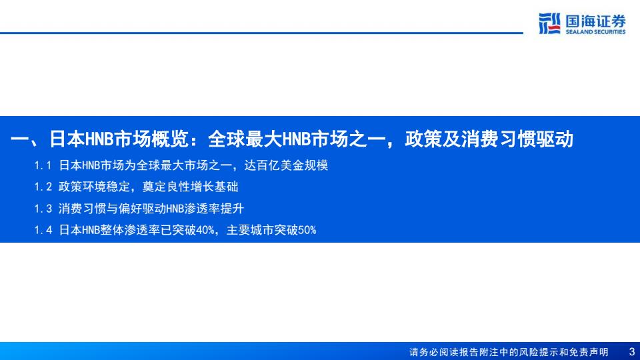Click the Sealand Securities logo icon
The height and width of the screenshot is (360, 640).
coord(549,23)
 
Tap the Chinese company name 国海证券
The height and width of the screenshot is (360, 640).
coord(595,21)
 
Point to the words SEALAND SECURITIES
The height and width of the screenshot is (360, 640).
coord(595,32)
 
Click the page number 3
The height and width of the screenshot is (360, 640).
coord(632,352)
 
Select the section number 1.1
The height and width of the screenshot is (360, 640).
coord(43,165)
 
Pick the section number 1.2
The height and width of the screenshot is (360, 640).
coord(43,187)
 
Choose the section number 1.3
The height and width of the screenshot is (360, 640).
coord(43,209)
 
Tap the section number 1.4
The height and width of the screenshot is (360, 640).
coord(43,230)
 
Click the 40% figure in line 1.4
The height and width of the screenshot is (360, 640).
coord(205,230)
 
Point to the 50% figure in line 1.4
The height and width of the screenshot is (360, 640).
coord(307,230)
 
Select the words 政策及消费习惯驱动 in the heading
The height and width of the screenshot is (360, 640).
coord(489,139)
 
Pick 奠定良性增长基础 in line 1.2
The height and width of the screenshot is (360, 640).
coord(190,187)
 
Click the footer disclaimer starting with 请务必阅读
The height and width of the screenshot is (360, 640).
coord(509,352)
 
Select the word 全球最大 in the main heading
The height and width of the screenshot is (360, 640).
coord(245,139)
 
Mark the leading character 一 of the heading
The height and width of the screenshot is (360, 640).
coord(19,139)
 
